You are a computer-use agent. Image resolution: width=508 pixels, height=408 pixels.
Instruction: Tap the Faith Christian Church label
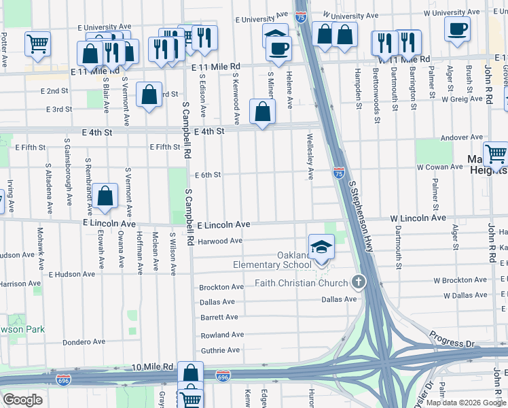(302, 283)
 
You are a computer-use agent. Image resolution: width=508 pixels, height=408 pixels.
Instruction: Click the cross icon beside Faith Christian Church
(359, 282)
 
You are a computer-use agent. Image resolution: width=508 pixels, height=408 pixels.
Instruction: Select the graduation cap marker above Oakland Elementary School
(321, 247)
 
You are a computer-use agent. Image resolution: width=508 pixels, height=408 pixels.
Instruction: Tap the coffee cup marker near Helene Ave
(278, 48)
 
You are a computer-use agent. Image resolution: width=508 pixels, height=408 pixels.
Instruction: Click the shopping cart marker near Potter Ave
(37, 43)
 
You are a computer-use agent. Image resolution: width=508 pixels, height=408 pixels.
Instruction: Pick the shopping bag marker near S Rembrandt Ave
(106, 196)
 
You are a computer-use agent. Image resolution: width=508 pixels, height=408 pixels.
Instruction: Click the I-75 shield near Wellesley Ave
(338, 174)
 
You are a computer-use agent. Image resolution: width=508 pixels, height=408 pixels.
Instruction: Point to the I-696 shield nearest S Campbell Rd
(222, 375)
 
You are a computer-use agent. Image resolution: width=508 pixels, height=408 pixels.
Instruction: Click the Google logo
(22, 400)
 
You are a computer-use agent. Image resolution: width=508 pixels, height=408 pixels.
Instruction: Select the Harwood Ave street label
(220, 241)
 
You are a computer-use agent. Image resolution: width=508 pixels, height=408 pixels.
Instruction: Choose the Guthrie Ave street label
(220, 350)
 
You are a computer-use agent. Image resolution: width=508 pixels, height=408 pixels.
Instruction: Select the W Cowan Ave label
(439, 167)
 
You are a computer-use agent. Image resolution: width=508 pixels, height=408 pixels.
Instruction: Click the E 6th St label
(208, 175)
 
